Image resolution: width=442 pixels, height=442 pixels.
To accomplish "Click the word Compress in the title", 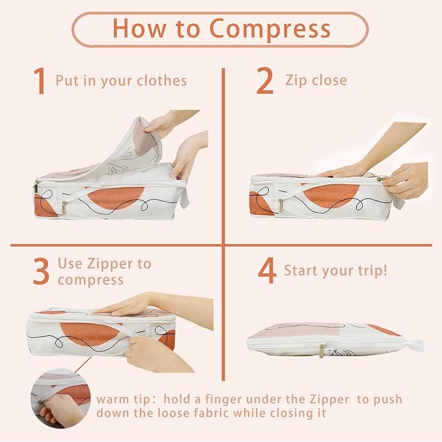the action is [x=269, y=29].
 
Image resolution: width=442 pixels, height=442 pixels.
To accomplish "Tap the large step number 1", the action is [x=40, y=81].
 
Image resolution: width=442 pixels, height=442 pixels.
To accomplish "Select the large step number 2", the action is [x=265, y=81].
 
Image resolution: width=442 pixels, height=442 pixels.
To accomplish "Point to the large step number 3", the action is [x=41, y=271].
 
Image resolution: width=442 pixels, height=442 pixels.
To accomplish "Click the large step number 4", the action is [x=267, y=271].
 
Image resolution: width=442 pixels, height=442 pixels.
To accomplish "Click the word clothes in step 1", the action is [x=162, y=81].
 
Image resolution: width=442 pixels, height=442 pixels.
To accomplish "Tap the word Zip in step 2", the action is [x=296, y=81].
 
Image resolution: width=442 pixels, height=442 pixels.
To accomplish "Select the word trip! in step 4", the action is [x=372, y=271].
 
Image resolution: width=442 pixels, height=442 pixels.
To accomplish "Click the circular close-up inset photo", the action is [x=61, y=398].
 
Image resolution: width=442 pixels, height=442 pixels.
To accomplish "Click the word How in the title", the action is [x=139, y=29].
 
